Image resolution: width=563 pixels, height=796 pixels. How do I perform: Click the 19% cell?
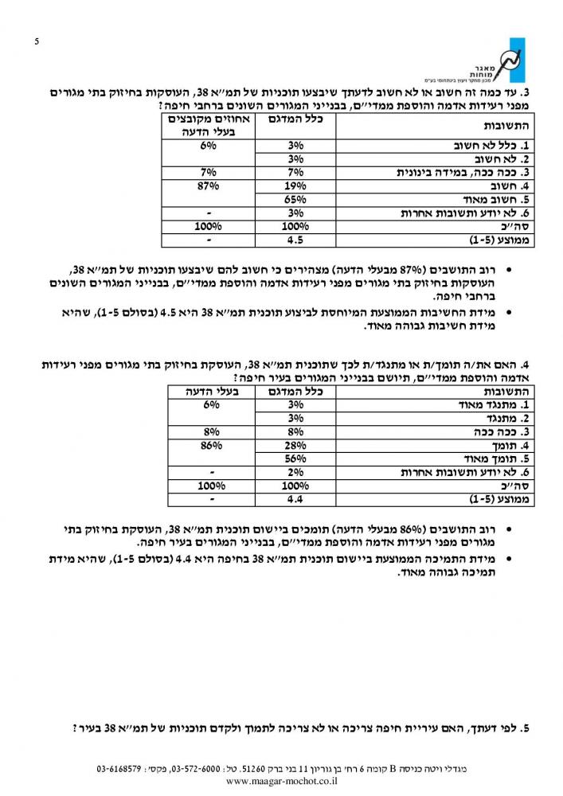(x=295, y=185)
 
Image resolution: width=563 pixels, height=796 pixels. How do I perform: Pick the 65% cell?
(x=295, y=199)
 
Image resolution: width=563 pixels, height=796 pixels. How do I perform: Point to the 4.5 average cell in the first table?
(x=295, y=239)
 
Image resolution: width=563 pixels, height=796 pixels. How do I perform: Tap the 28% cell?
(x=295, y=446)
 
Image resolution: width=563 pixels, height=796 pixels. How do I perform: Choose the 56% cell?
(x=295, y=459)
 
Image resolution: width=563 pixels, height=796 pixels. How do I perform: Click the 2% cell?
(x=295, y=473)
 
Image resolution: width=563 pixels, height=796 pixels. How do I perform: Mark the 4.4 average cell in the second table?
(x=295, y=500)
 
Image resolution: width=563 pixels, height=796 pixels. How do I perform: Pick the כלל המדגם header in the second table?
(x=295, y=392)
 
